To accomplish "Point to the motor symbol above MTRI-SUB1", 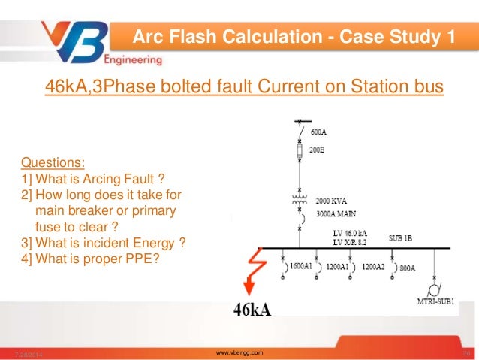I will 434,289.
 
